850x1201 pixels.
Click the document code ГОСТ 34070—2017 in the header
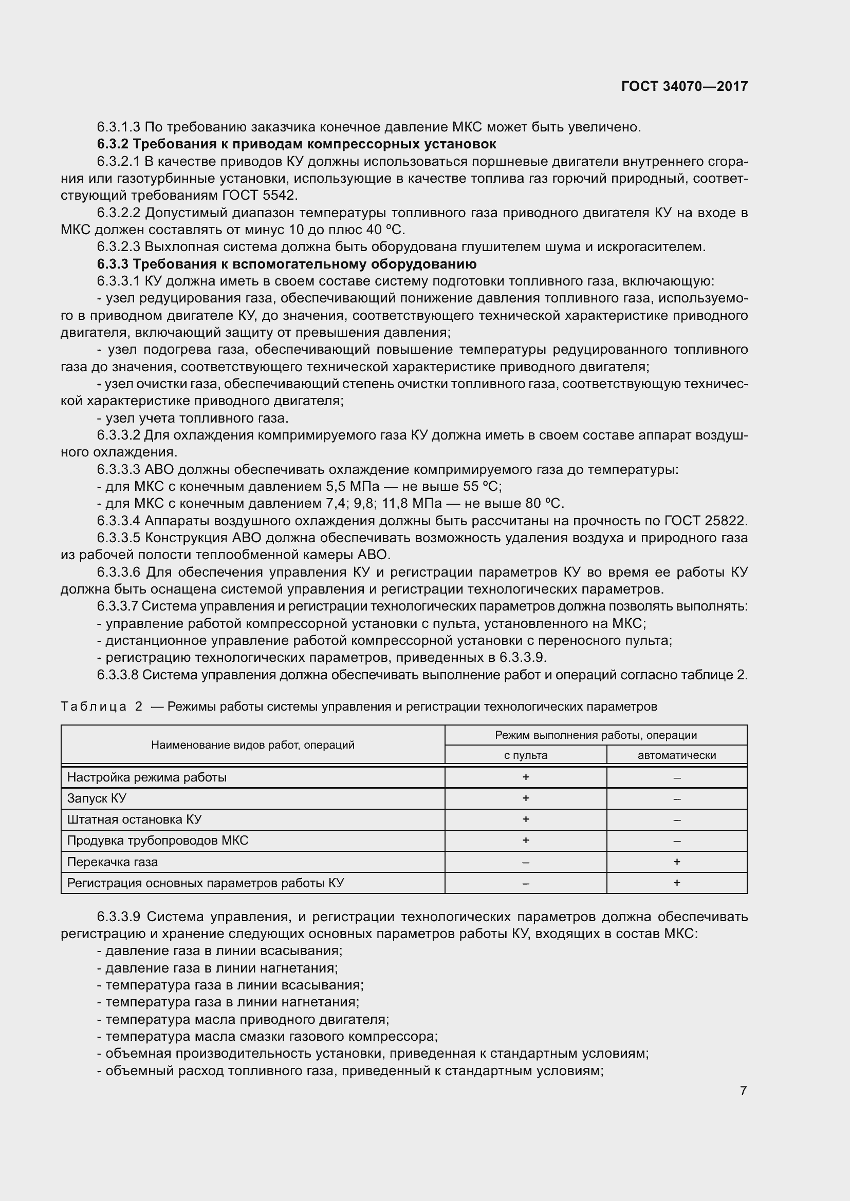[x=684, y=86]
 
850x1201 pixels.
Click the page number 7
[x=743, y=1091]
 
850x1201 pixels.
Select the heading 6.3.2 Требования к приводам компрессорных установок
[x=296, y=144]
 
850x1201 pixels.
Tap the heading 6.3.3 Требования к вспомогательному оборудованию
[x=286, y=263]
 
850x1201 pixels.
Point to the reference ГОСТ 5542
[x=260, y=196]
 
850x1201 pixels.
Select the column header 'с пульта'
[x=526, y=755]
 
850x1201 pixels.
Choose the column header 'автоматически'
[x=676, y=755]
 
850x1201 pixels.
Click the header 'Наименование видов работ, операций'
[x=253, y=745]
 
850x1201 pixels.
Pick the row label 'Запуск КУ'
[x=97, y=798]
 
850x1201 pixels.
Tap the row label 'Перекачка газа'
[x=113, y=862]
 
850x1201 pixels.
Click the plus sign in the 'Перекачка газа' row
[x=677, y=862]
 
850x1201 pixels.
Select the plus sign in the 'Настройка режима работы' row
[x=526, y=777]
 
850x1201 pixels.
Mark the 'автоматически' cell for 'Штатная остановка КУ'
[x=677, y=819]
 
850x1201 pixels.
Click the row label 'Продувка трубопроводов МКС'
[x=158, y=841]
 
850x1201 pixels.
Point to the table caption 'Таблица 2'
[x=102, y=707]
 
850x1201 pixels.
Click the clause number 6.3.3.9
[x=119, y=917]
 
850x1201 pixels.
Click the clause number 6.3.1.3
[x=119, y=127]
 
